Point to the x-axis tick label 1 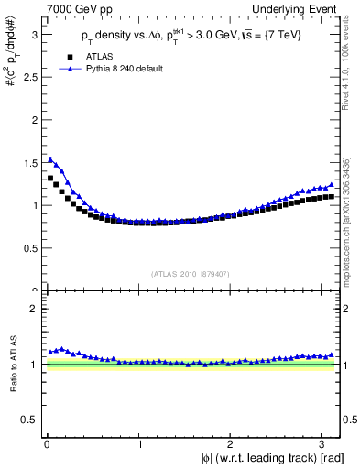[138, 444]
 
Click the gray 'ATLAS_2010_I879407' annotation [191, 272]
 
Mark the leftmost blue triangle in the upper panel [50, 159]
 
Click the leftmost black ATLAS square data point [50, 178]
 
